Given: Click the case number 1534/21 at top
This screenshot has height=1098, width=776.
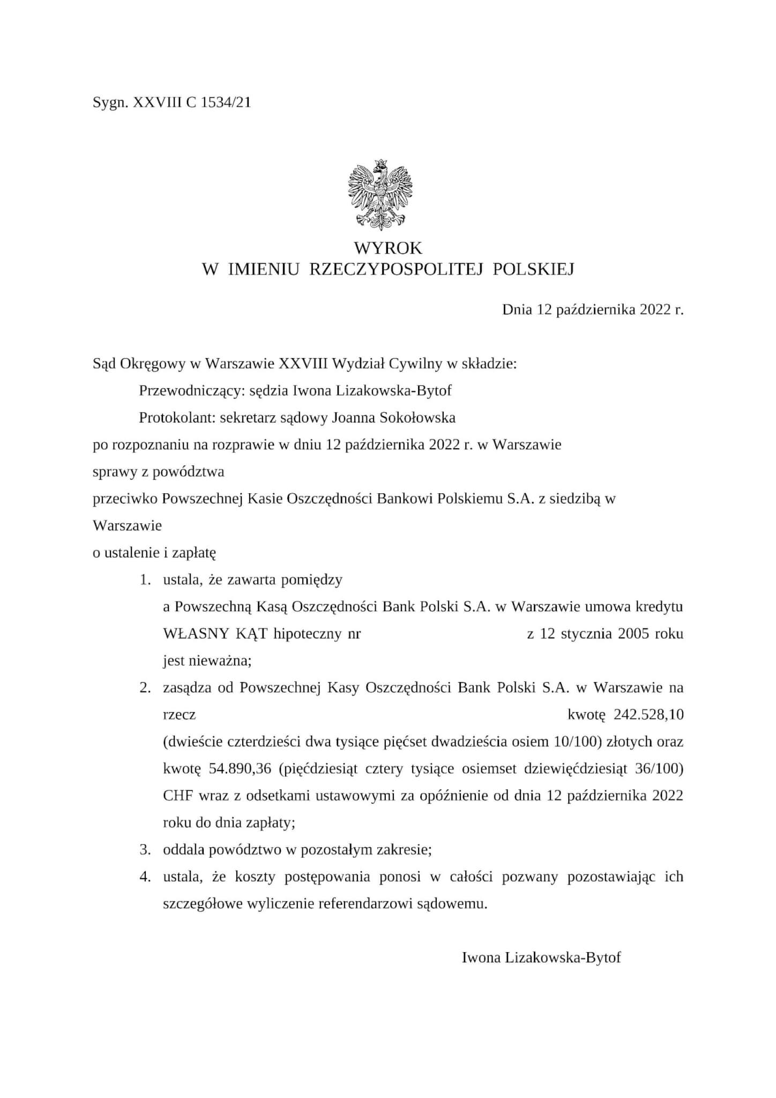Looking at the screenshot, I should pos(225,102).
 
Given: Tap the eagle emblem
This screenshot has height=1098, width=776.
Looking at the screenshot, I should pos(380,191).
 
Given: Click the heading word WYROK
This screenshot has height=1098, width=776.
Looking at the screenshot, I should pos(387,248).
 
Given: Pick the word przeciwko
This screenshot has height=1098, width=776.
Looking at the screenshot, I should pos(125,499).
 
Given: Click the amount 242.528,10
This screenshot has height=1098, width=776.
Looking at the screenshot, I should pos(648,715).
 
